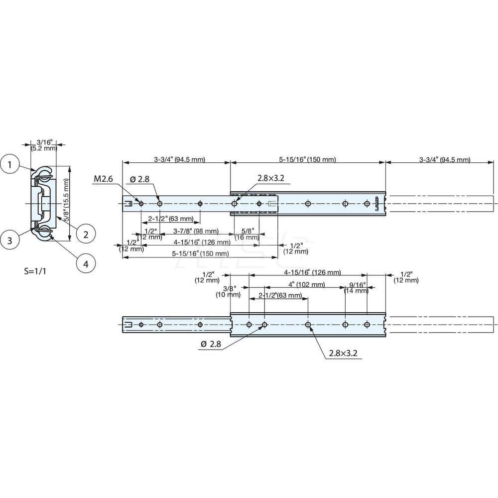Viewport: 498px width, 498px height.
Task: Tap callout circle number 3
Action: pos(11,240)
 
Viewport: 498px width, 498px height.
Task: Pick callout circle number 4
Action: pos(86,264)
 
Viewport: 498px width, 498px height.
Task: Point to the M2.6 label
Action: pos(103,179)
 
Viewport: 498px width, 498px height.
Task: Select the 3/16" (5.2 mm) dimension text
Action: pos(44,145)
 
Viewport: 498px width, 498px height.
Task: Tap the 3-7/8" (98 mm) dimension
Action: pos(195,231)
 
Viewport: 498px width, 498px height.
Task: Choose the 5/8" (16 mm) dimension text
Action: pos(246,234)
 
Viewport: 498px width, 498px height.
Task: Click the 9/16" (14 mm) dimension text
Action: pos(357,287)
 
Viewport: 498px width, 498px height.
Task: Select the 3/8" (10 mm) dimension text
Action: pos(228,291)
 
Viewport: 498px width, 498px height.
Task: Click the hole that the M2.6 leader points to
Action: pos(141,204)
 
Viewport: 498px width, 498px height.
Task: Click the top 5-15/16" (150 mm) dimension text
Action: pos(307,160)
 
